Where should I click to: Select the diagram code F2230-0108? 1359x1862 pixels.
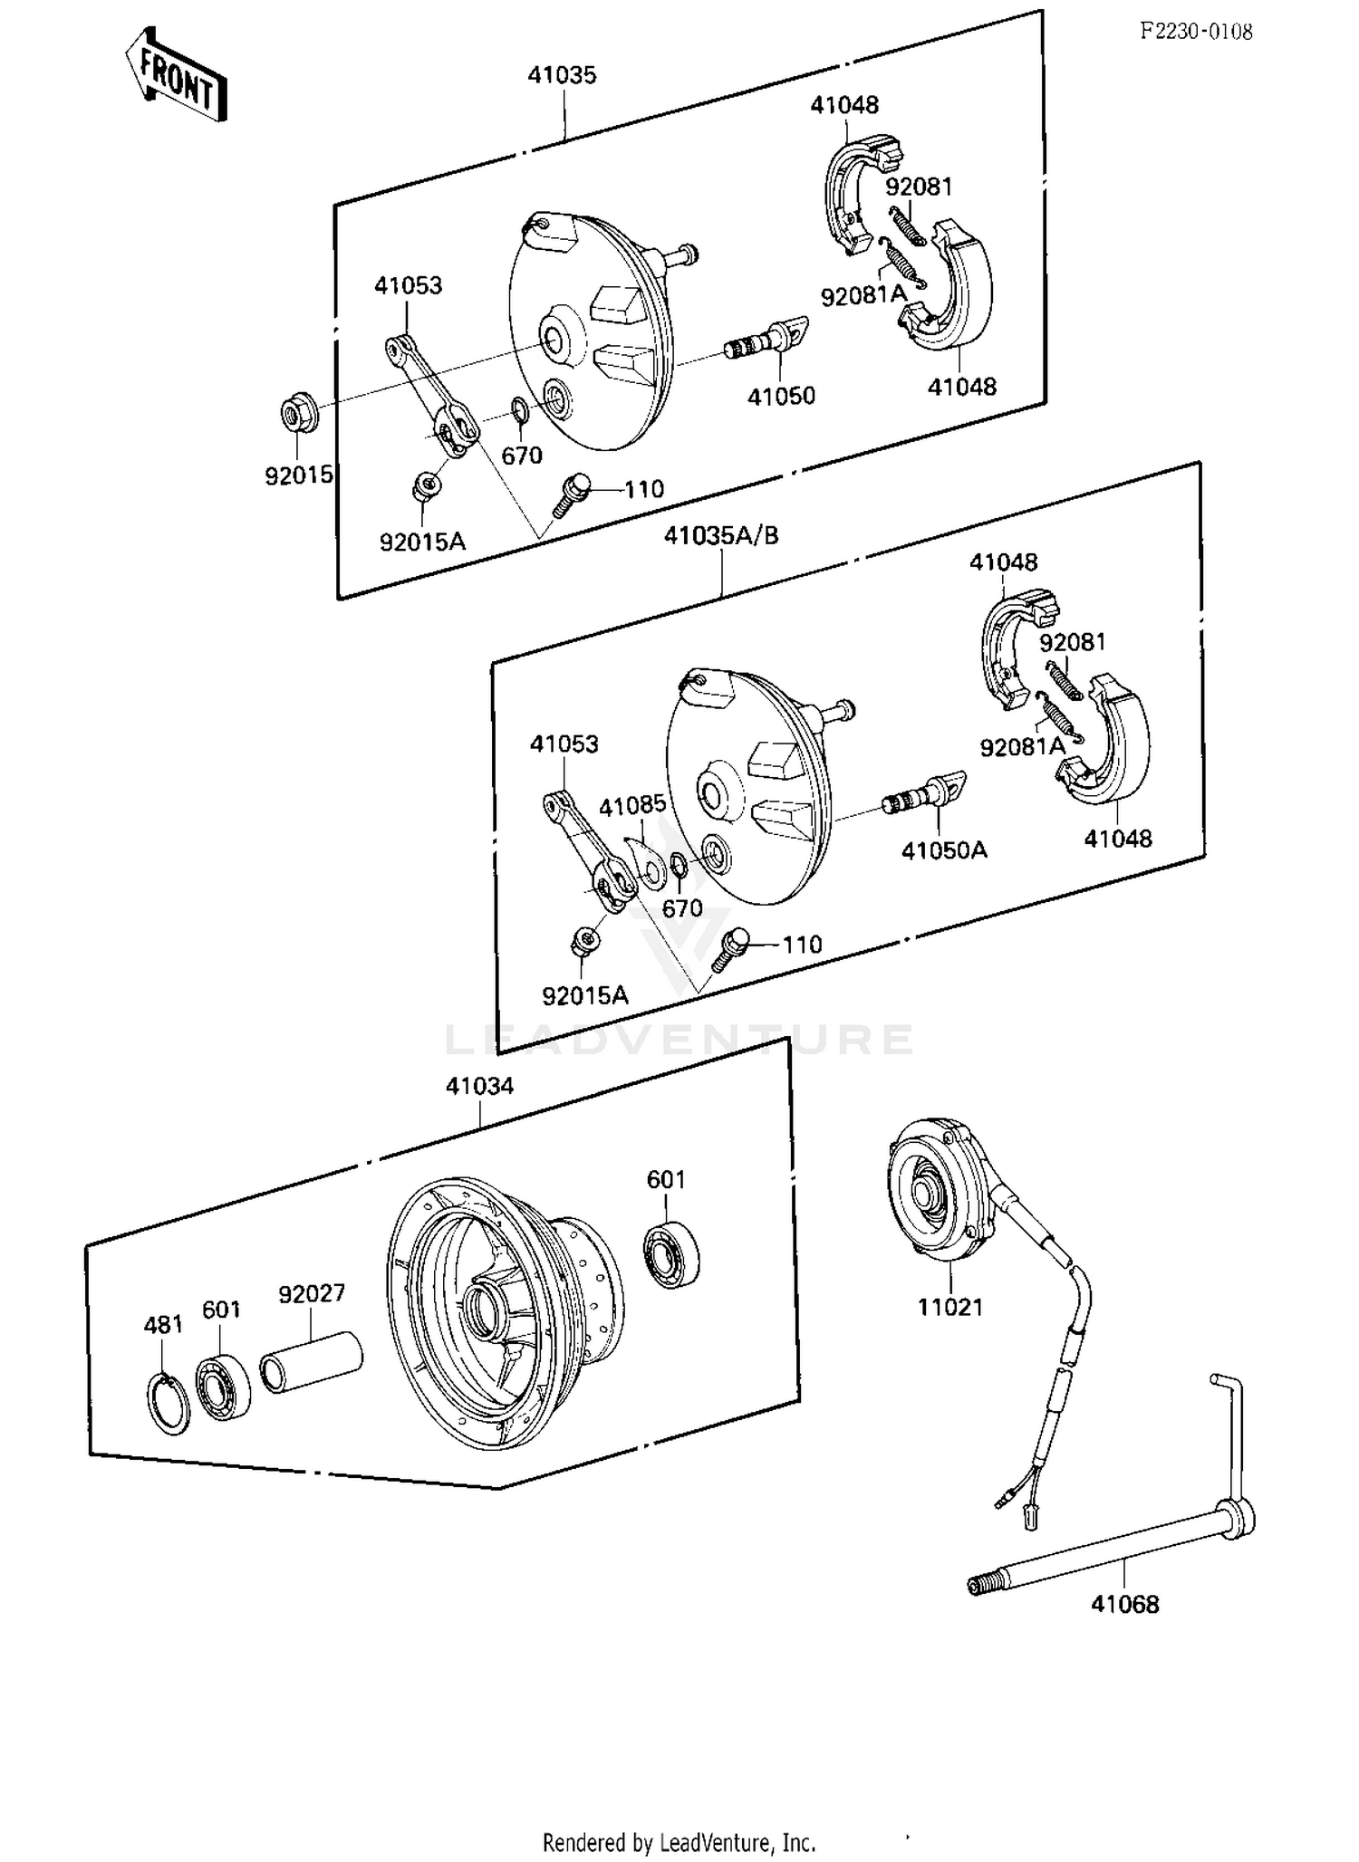1196,32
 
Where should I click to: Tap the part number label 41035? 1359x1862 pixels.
562,75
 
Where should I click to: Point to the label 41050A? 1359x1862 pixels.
943,849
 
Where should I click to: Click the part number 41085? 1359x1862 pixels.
631,805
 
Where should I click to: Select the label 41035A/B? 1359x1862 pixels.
721,535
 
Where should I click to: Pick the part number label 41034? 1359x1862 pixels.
479,1086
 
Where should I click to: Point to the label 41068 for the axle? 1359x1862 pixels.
1124,1604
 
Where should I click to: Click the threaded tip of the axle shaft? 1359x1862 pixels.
978,1585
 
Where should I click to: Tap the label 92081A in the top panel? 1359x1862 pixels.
863,295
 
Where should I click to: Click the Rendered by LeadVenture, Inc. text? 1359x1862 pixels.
679,1842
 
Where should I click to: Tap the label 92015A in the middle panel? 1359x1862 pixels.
584,995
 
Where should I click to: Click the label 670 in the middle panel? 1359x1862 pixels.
682,908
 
